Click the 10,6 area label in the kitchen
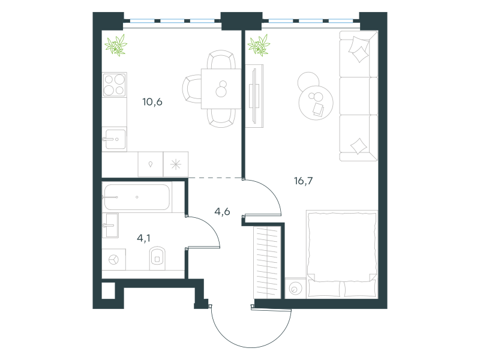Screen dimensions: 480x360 point(152,101)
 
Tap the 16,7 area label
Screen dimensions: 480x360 point(304,181)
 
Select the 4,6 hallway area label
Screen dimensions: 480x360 point(222,212)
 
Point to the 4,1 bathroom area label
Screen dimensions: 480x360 point(143,238)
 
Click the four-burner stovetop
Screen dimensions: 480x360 point(115,85)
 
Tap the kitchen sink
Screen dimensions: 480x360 point(114,139)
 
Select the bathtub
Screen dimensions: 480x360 point(137,197)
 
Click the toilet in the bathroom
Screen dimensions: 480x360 point(157,259)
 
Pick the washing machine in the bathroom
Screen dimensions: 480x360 point(113,260)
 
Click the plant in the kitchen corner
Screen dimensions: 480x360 point(116,45)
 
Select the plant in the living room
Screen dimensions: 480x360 point(259,46)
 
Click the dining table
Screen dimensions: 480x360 point(221,89)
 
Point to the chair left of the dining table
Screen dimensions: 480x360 point(192,89)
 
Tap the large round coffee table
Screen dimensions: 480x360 point(316,103)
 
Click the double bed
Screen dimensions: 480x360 point(342,253)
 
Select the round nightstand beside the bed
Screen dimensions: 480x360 point(295,289)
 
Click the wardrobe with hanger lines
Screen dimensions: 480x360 point(267,262)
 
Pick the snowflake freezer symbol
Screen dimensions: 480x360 point(176,164)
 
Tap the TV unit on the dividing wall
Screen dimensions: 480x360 point(254,96)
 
